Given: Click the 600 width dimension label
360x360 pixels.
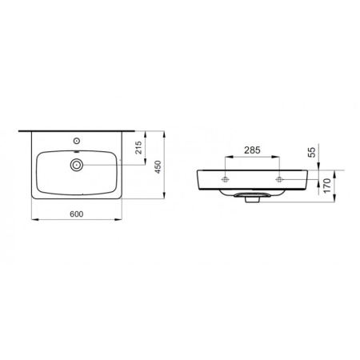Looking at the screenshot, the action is tap(77, 214).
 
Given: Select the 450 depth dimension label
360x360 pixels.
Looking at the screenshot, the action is tap(158, 167).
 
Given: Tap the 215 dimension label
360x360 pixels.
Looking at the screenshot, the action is tap(138, 148).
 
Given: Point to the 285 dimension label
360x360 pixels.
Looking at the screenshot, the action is tap(252, 150).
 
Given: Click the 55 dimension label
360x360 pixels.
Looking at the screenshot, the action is tap(312, 152).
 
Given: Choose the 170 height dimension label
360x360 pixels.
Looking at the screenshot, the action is tap(326, 186).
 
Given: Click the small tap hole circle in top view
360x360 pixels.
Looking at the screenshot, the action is tap(77, 141).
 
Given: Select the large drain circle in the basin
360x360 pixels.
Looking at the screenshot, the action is tap(77, 165).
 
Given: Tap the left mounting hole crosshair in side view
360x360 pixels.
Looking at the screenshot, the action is tap(226, 179).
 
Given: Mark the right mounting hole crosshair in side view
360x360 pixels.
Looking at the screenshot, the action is tap(279, 179).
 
